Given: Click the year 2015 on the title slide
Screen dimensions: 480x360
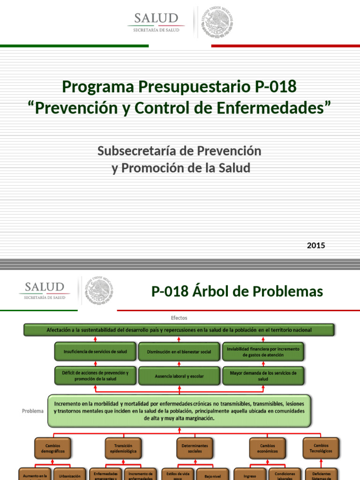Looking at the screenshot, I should point(315,245).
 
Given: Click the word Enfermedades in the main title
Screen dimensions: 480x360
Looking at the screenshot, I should point(282,107).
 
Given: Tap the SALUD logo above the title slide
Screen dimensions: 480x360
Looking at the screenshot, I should point(156,22).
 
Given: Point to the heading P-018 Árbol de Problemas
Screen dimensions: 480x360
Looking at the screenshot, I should point(237,292).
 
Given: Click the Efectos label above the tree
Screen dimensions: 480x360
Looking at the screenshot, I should point(180,318).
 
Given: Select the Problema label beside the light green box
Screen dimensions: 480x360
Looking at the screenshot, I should point(32,411).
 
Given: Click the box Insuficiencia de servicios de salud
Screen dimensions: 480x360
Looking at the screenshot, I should point(95,352).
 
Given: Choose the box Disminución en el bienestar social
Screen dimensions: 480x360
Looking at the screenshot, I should point(179,352).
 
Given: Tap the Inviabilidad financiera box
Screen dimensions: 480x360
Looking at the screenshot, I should point(263,352).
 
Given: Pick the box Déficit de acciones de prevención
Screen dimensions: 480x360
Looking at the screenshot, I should point(95,375).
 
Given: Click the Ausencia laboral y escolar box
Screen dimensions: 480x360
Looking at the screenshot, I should point(179,375).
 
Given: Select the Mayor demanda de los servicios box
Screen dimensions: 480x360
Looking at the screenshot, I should point(263,375).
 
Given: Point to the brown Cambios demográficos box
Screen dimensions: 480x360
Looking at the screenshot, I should point(52,448).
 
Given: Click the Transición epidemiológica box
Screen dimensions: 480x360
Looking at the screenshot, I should point(123,448).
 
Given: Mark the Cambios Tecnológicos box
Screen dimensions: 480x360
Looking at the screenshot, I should point(321,448).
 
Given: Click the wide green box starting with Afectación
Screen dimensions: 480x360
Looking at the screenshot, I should point(179,330).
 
